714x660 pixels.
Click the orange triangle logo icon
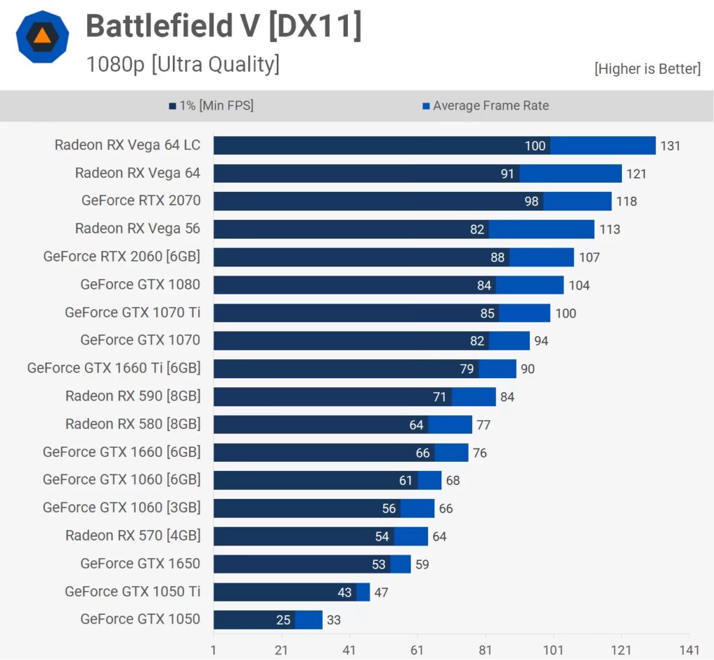43,37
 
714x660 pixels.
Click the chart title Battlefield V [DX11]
223,27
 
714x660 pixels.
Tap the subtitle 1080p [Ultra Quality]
183,64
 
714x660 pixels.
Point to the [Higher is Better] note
647,68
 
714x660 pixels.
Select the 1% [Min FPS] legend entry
211,106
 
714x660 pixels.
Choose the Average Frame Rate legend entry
485,106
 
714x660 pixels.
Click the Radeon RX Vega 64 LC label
128,145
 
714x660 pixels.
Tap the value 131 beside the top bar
670,146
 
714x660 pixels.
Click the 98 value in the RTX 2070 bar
531,202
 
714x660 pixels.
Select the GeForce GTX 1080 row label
140,285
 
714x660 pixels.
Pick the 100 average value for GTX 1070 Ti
565,313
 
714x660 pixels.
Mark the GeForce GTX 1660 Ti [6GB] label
114,368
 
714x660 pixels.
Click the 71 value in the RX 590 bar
439,397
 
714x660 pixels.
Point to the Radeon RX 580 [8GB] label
133,424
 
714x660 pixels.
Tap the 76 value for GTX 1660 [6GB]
480,453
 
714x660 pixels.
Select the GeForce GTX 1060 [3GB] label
121,508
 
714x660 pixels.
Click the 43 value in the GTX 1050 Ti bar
344,592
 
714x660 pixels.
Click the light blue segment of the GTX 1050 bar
309,620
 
